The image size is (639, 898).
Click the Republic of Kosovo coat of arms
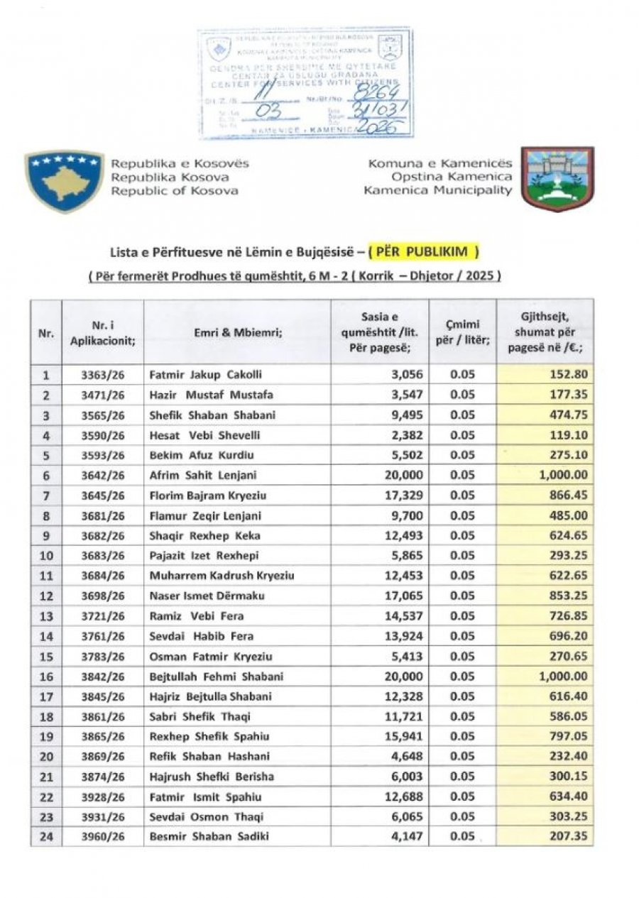coord(64,180)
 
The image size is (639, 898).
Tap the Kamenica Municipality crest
coord(557,179)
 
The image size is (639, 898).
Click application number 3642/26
coord(102,475)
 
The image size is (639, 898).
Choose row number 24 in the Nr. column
coord(46,836)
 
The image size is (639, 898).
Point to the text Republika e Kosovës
coord(180,164)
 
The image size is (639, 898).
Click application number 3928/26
coord(102,796)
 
